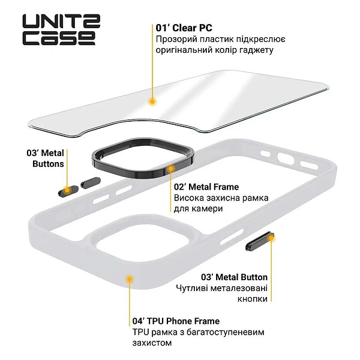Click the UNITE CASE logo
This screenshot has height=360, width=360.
tap(58, 30)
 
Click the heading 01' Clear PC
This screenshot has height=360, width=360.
tap(184, 28)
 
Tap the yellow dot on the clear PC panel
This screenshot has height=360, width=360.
tap(153, 103)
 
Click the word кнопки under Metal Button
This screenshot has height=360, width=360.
tap(252, 299)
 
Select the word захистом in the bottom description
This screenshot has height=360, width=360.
tap(152, 343)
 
